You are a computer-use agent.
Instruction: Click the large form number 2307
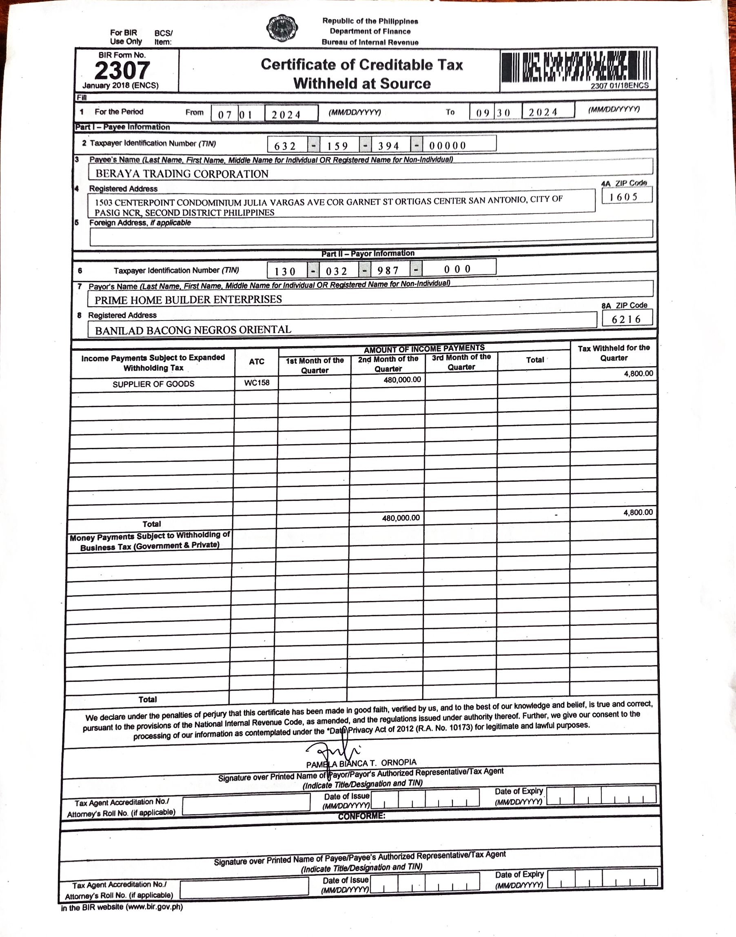(122, 70)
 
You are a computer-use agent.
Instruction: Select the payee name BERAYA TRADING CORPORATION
(182, 174)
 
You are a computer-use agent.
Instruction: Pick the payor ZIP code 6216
(626, 320)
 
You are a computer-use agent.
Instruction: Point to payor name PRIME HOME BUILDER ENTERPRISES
(188, 300)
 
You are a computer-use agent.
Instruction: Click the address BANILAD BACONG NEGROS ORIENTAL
(193, 330)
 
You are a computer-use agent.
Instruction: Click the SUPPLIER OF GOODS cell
(153, 384)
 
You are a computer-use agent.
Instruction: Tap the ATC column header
(256, 362)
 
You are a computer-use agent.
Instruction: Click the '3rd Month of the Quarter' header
(461, 362)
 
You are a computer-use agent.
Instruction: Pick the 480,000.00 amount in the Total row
(401, 518)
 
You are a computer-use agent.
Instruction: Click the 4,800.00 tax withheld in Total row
(638, 513)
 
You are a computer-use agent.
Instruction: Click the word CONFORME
(361, 816)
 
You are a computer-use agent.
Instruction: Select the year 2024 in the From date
(286, 115)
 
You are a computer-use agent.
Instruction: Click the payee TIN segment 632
(285, 146)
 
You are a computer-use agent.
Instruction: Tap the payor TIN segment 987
(388, 271)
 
